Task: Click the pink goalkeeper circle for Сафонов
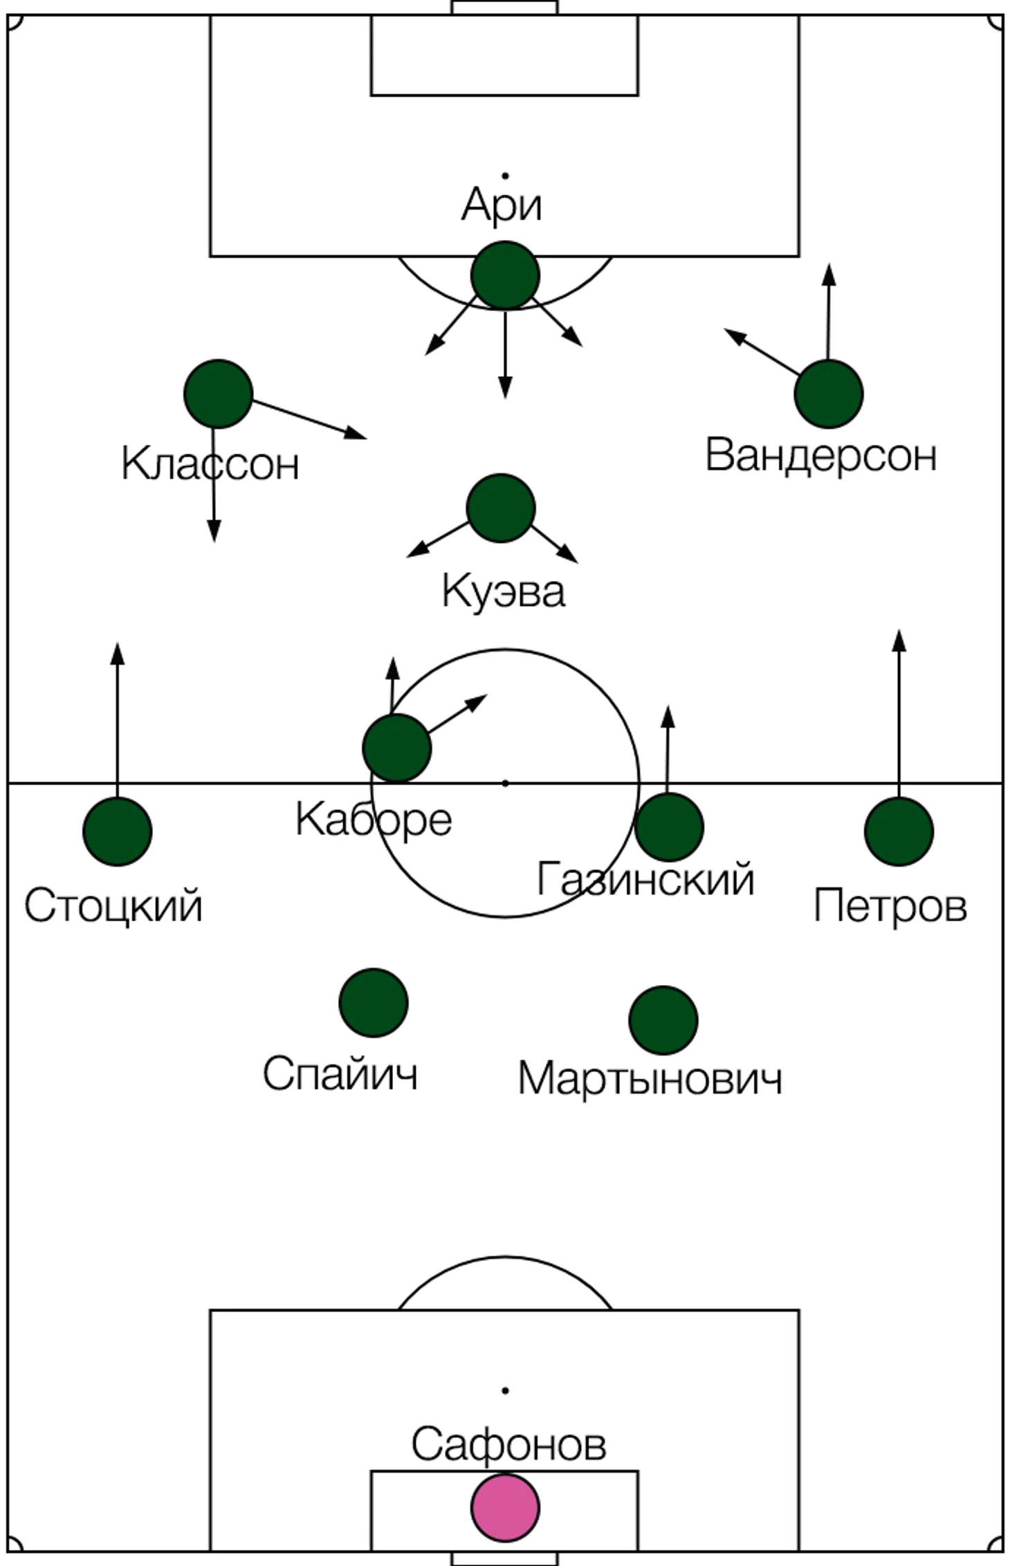[x=505, y=1508]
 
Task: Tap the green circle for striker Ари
[x=505, y=275]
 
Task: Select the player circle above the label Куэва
[x=501, y=508]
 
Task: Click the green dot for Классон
[x=218, y=394]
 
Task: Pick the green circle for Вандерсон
[x=828, y=394]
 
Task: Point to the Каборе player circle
[x=396, y=748]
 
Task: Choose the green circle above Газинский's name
[x=669, y=827]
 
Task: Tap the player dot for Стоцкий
[x=117, y=831]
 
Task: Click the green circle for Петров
[x=899, y=831]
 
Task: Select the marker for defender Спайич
[x=373, y=1002]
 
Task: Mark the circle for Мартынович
[x=663, y=1020]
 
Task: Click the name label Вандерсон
[x=820, y=456]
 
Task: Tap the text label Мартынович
[x=650, y=1078]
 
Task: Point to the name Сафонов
[x=508, y=1444]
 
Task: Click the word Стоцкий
[x=113, y=906]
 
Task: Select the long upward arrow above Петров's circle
[x=899, y=713]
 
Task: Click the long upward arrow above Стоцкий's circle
[x=117, y=720]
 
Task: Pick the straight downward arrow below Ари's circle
[x=505, y=354]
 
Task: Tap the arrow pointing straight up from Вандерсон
[x=828, y=312]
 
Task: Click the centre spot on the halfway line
[x=505, y=783]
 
